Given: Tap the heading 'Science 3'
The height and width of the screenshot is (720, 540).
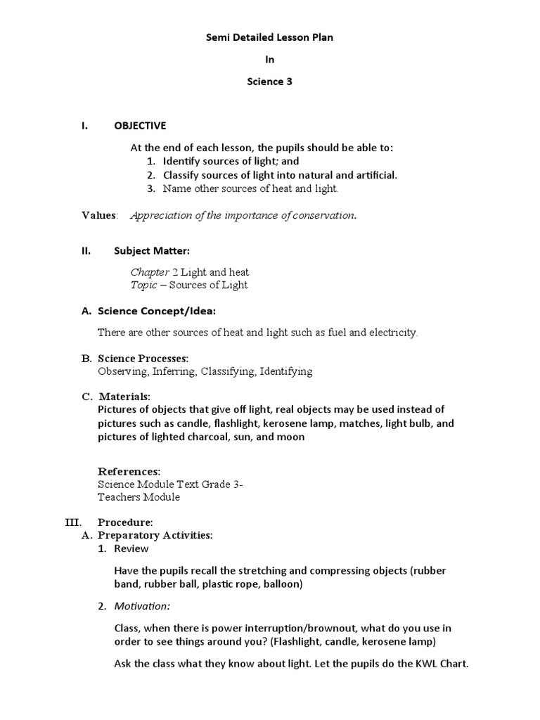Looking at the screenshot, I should (269, 82).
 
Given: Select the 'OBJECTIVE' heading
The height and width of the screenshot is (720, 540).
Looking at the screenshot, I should (140, 126).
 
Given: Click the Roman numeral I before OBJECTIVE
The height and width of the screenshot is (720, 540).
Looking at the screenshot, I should (84, 126).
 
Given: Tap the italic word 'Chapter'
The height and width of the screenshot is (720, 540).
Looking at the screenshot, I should (150, 272).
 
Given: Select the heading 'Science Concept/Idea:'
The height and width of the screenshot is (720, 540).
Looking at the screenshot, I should (157, 310).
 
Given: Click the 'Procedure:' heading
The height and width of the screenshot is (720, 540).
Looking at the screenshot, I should (125, 522).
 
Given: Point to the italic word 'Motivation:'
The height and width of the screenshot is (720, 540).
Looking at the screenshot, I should (142, 606).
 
